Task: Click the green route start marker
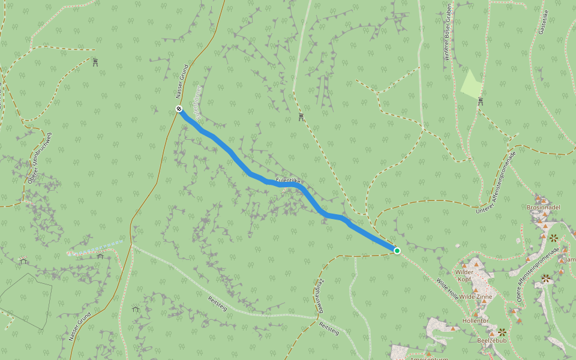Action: click(x=397, y=250)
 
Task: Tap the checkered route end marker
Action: click(x=179, y=109)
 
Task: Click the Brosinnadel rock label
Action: click(x=543, y=207)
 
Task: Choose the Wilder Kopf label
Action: click(x=465, y=275)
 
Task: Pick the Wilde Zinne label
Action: click(x=475, y=297)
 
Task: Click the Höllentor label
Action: click(x=475, y=321)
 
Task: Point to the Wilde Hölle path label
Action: click(x=448, y=290)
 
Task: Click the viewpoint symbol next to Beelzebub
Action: click(x=502, y=332)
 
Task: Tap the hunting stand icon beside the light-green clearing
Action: click(x=481, y=101)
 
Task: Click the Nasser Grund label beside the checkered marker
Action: click(x=182, y=81)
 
